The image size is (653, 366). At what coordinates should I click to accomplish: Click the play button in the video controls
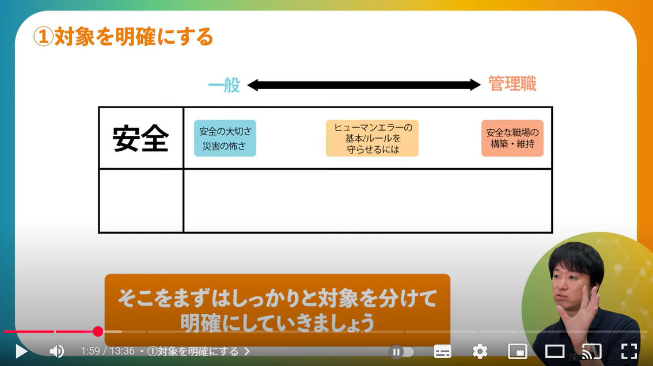[21, 351]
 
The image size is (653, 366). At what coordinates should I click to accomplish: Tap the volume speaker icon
[56, 351]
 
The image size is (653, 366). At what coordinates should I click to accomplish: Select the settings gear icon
[480, 351]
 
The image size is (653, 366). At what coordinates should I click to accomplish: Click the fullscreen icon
[629, 351]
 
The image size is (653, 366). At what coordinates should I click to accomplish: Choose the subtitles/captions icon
[442, 351]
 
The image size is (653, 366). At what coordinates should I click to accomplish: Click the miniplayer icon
[518, 351]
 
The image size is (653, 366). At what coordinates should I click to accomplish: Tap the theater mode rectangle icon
[555, 351]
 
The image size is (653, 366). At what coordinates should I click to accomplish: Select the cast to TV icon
[591, 351]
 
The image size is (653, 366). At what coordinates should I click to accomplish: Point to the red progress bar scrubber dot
[98, 331]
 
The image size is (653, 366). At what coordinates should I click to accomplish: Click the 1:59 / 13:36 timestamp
[108, 351]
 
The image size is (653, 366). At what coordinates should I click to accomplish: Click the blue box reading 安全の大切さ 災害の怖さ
[225, 138]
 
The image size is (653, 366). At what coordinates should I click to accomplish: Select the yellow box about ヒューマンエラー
[372, 138]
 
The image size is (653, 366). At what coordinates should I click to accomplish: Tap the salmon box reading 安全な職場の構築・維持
[512, 138]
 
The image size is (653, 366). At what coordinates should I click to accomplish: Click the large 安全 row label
[141, 139]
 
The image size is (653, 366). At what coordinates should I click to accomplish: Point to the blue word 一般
[224, 85]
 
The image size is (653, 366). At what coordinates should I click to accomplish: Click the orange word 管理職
[512, 84]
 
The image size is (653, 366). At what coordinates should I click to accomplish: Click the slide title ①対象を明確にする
[123, 37]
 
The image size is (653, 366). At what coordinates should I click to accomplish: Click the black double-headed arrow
[364, 85]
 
